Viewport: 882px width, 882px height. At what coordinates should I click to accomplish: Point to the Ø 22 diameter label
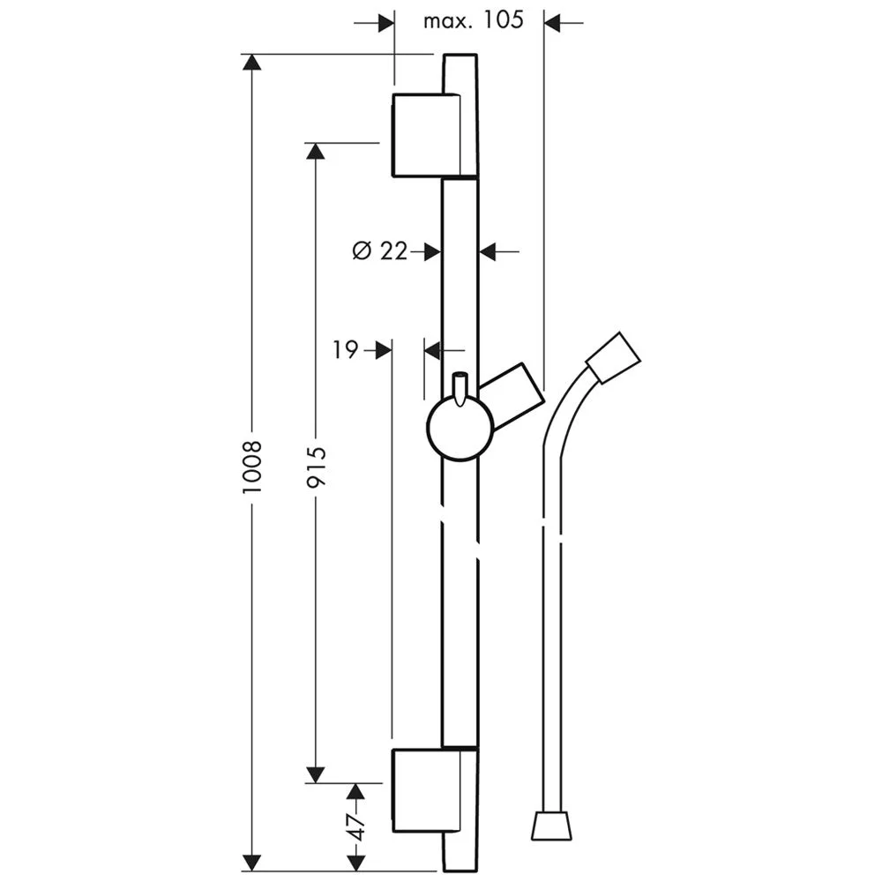tap(380, 251)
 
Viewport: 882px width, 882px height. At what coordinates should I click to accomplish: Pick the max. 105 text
tap(473, 20)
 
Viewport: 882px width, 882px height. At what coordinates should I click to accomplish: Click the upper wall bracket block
tap(425, 135)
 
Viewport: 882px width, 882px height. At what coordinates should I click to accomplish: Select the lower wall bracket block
tap(425, 792)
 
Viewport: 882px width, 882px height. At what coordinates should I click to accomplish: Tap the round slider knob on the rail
tap(459, 429)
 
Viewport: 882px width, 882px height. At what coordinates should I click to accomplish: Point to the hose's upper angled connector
tap(613, 357)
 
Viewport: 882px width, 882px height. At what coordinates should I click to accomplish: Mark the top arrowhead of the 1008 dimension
tap(252, 63)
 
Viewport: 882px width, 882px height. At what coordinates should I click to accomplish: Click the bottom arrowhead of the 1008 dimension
tap(252, 862)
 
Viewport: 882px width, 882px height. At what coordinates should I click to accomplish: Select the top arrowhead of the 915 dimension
tap(316, 151)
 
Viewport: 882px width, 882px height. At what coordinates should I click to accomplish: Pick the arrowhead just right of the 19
tap(384, 350)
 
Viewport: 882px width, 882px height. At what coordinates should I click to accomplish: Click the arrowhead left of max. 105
tap(385, 21)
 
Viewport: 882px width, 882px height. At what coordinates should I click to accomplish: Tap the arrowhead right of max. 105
tap(553, 21)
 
